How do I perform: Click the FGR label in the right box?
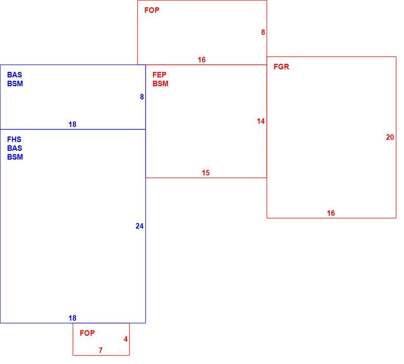click(x=281, y=67)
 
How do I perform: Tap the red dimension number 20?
click(x=390, y=137)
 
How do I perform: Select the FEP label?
click(x=159, y=75)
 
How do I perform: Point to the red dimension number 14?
click(x=261, y=121)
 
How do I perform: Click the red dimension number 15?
click(x=206, y=173)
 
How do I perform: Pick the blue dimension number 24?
click(x=140, y=226)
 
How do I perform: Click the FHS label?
click(x=14, y=139)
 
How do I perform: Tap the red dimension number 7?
click(x=101, y=350)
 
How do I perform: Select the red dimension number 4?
click(x=126, y=339)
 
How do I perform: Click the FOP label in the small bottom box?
click(x=87, y=333)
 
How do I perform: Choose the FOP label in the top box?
click(x=152, y=10)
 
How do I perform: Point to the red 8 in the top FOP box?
click(x=263, y=32)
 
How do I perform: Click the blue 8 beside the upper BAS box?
click(x=142, y=97)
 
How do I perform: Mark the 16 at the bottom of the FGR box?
click(x=331, y=213)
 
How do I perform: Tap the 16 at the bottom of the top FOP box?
click(x=202, y=60)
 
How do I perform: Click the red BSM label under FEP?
click(x=160, y=84)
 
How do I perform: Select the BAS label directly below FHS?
click(x=14, y=148)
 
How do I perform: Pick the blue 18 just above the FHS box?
click(x=72, y=125)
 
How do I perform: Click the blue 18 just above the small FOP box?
click(x=72, y=318)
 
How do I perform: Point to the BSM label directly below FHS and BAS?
click(x=15, y=157)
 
